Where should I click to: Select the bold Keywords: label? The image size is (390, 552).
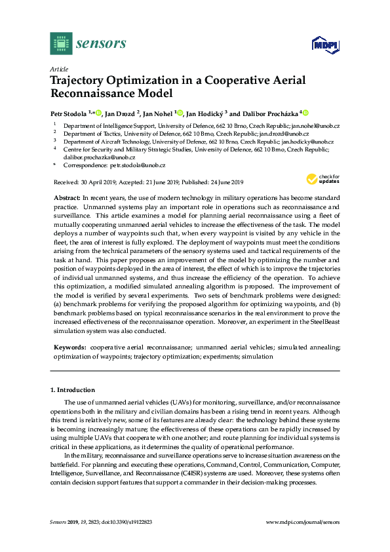[69, 345]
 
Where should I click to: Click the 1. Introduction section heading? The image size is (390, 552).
[73, 389]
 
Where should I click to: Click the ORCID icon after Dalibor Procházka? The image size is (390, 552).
[305, 113]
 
